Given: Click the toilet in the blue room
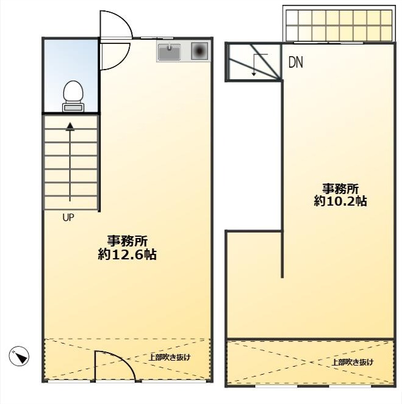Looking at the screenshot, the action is tap(73, 96).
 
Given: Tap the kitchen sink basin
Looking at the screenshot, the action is tap(169, 51).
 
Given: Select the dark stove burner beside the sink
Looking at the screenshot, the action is tap(199, 51).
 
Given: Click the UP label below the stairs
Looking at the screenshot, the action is tap(68, 218).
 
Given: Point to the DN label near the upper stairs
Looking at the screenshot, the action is tap(295, 62).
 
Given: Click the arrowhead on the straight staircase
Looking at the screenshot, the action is tap(70, 126).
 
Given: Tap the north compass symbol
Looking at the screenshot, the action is tap(19, 356).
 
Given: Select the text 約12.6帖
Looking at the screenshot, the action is tap(127, 254).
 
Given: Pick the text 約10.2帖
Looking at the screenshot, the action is tap(340, 201).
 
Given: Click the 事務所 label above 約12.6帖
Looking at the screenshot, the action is tap(127, 241).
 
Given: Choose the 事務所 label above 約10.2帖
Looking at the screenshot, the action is tap(340, 189).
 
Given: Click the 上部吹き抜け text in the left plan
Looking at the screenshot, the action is tap(170, 358).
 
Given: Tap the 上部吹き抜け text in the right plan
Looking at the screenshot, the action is tap(353, 362).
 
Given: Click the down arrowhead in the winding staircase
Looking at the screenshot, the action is tap(254, 74).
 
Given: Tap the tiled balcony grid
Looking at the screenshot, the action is tap(339, 26).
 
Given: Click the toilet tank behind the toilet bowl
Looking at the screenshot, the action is tap(73, 107).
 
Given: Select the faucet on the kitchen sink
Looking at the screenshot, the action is tap(169, 47).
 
